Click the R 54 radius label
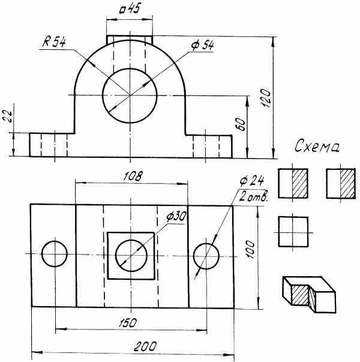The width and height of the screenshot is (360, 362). (x=54, y=42)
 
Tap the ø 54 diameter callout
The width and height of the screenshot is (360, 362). (x=202, y=46)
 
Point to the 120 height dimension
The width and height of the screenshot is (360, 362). (x=266, y=98)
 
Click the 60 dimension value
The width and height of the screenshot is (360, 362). (x=242, y=124)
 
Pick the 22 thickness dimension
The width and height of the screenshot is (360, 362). (x=7, y=115)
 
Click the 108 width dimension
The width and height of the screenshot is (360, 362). (x=133, y=176)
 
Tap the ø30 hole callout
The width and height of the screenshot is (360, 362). (x=176, y=217)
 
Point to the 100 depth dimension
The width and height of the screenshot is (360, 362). (x=250, y=249)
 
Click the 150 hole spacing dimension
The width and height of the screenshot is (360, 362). (x=128, y=323)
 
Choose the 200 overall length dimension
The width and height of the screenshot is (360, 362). (x=145, y=346)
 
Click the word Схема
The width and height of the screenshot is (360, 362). (x=317, y=146)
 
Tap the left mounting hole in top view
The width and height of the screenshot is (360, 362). (x=55, y=241)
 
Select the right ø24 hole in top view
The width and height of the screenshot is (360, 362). (x=206, y=243)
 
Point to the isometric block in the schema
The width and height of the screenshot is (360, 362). (x=309, y=294)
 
